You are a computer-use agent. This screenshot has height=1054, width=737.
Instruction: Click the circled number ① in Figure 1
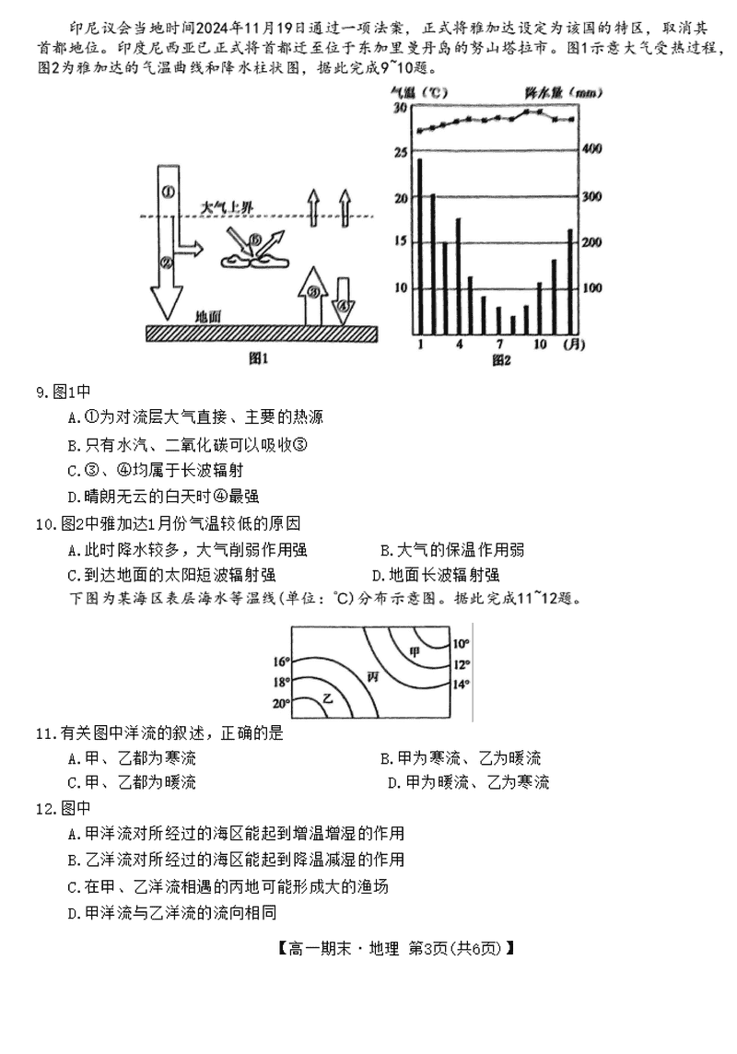[x=168, y=192]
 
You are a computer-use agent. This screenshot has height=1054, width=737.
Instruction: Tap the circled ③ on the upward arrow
[x=313, y=292]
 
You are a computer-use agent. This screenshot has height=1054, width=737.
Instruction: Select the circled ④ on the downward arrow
[x=343, y=304]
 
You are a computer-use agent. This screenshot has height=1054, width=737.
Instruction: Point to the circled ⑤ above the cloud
[x=255, y=241]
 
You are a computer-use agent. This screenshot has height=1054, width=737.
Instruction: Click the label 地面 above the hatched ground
[x=208, y=316]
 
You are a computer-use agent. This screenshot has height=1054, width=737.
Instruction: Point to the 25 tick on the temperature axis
[x=400, y=153]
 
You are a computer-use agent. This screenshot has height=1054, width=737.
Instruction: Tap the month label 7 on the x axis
[x=498, y=345]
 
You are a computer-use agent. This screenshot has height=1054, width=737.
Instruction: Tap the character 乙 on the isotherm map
[x=327, y=699]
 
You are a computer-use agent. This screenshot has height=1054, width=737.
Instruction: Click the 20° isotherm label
[x=280, y=704]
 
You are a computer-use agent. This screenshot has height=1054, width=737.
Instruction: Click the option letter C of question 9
[x=73, y=470]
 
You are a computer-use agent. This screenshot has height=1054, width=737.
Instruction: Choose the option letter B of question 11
[x=385, y=758]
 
